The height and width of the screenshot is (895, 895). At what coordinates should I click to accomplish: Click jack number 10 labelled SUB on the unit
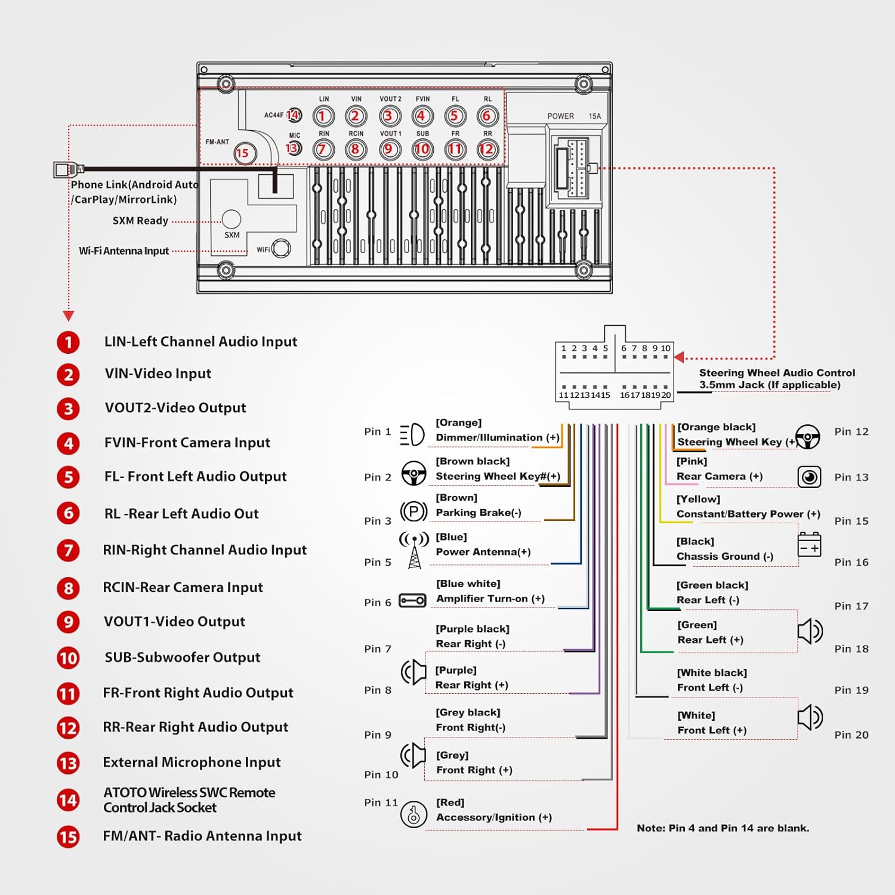(422, 149)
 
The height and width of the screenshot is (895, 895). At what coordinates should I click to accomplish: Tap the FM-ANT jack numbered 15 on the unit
(243, 153)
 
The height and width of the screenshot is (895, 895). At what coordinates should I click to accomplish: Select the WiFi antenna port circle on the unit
(281, 248)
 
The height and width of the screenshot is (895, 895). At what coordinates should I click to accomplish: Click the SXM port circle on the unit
(232, 219)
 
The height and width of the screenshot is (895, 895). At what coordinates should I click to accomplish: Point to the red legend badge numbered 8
(68, 588)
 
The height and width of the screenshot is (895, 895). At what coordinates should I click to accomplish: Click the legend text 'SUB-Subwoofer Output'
(182, 658)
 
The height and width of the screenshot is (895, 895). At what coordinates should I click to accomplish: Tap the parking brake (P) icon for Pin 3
(413, 511)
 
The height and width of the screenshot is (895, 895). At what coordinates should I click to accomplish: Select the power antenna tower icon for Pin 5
(414, 550)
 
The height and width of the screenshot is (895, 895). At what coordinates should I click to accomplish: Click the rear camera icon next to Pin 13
(809, 477)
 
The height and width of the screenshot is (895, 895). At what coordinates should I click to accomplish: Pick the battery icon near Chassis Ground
(809, 545)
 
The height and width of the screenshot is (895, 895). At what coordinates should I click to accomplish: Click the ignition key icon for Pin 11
(413, 814)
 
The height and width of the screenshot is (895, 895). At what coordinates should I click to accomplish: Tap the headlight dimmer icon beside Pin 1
(412, 434)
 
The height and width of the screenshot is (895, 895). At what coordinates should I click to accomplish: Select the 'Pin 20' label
(851, 735)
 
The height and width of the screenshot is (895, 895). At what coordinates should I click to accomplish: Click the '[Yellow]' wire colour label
(698, 499)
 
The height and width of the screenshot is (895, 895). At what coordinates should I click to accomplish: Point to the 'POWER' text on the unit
(560, 116)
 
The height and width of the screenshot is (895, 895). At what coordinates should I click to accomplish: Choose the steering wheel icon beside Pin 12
(808, 437)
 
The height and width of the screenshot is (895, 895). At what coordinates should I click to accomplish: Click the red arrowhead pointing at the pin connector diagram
(679, 357)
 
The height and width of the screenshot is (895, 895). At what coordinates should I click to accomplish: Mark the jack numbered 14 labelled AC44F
(294, 115)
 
